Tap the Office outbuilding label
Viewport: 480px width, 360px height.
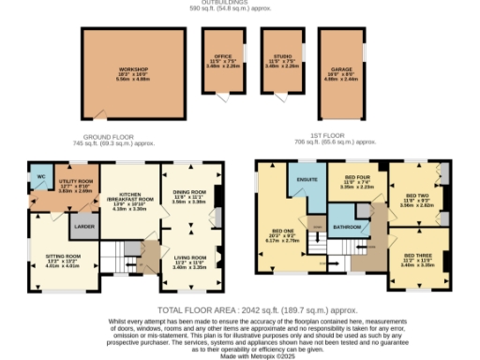pyautogui.click(x=221, y=57)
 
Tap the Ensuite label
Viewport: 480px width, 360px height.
pyautogui.click(x=305, y=179)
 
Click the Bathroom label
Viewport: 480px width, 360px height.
pyautogui.click(x=346, y=227)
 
